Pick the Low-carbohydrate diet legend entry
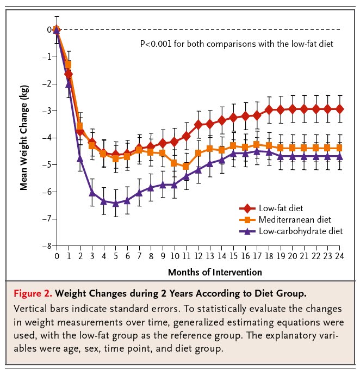[x=297, y=231]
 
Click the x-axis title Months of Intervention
[x=215, y=272]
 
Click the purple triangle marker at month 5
[x=116, y=203]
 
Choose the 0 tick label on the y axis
[x=49, y=29]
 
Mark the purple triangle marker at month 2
[x=80, y=159]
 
